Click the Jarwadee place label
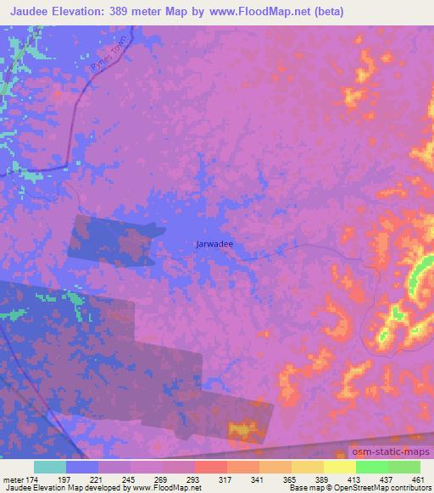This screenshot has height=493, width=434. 214,244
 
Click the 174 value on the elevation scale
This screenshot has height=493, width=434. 45,479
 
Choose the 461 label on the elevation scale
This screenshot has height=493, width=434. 416,479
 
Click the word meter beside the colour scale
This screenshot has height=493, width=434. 18,479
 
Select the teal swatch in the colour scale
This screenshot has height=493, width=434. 50,467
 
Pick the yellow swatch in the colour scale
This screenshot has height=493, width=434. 339,467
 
